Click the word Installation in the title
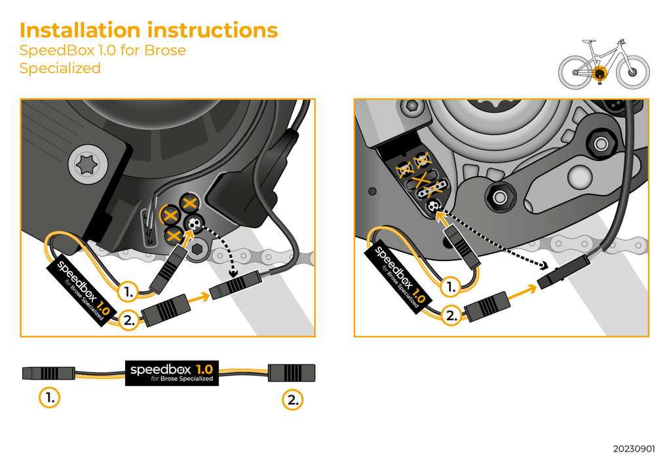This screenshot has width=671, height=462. click(80, 30)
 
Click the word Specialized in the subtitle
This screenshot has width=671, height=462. click(60, 68)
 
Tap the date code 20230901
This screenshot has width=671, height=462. click(634, 449)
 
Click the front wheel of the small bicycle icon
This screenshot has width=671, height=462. click(633, 72)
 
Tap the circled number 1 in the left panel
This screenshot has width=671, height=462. click(128, 292)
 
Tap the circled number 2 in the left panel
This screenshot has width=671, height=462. click(128, 320)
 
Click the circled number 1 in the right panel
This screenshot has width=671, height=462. click(451, 287)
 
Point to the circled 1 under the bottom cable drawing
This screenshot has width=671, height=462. click(50, 397)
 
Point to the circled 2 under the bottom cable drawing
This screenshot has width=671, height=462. click(293, 400)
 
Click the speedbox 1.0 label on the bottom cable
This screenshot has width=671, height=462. click(172, 373)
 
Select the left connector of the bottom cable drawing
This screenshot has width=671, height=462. click(48, 373)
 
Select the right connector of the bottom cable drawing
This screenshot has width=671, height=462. click(292, 373)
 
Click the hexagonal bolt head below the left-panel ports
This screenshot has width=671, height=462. click(197, 249)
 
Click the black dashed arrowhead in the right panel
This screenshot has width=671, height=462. click(544, 266)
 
